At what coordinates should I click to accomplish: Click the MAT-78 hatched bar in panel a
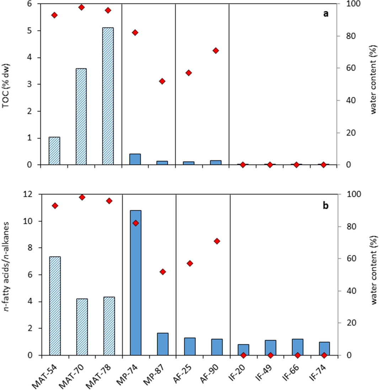(108, 96)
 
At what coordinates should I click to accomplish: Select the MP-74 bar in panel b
(135, 283)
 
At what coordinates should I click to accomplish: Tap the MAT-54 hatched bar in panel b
(55, 306)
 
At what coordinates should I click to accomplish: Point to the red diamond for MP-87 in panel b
(162, 272)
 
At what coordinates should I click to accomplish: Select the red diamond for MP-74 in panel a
(135, 33)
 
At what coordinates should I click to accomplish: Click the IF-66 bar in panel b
(297, 347)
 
